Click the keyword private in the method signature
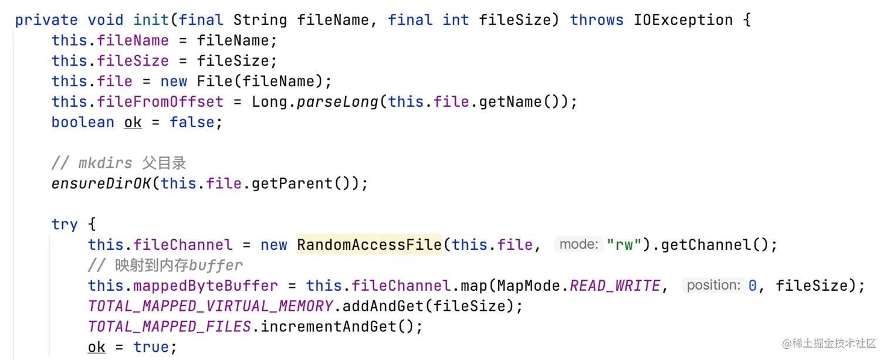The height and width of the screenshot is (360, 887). (46, 20)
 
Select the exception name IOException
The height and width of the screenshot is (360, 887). (683, 20)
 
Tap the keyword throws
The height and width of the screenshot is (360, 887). (597, 20)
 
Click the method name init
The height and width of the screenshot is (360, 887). (151, 20)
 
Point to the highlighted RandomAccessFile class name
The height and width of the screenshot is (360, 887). (369, 244)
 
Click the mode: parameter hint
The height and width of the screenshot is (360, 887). (578, 244)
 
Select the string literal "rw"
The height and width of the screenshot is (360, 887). (624, 244)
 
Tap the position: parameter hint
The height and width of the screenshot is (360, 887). (713, 286)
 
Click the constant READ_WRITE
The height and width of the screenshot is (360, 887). (615, 286)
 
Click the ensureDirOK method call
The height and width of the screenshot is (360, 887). (101, 184)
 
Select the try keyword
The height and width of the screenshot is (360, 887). (65, 224)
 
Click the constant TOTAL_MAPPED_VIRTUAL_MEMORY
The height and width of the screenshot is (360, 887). (211, 306)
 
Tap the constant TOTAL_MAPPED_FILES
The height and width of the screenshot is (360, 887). (170, 326)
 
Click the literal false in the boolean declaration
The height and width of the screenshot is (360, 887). (192, 122)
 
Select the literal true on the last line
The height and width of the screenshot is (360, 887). (151, 347)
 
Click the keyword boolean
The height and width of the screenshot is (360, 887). (83, 122)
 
